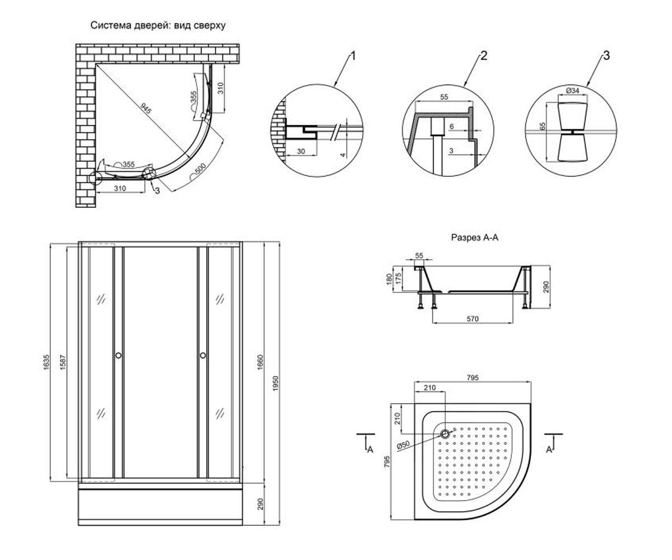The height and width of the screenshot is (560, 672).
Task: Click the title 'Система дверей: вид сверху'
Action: tap(158, 25)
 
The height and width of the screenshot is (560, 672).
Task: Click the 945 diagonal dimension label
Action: tap(146, 109)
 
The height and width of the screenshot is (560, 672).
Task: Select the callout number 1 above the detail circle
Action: tap(353, 56)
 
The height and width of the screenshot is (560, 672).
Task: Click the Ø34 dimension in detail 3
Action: tap(572, 91)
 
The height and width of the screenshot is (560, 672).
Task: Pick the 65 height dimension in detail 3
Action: tap(543, 126)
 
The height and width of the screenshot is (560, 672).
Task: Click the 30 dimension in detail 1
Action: tap(301, 151)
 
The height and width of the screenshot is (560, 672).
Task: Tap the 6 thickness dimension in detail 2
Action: tap(452, 127)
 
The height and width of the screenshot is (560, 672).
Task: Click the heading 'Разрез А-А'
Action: tap(475, 237)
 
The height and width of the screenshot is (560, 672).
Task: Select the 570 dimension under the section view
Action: tap(473, 319)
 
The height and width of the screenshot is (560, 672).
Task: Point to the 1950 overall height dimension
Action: tap(275, 383)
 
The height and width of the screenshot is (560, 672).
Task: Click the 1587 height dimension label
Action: tap(62, 362)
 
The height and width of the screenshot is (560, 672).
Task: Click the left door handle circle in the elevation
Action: tap(118, 355)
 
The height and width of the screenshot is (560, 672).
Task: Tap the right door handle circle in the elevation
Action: tap(203, 355)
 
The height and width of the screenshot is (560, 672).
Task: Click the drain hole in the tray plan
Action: tap(445, 434)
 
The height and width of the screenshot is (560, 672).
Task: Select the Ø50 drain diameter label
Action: tap(403, 445)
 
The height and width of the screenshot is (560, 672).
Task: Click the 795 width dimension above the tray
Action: tap(473, 377)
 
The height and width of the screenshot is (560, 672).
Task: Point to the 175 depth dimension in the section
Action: tap(398, 279)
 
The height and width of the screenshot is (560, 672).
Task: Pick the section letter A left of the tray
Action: tap(370, 450)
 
